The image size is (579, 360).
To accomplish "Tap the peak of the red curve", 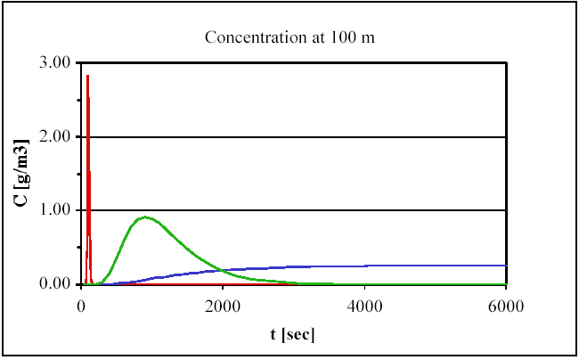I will click(x=87, y=77).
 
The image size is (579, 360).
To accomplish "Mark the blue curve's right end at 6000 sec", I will click(x=506, y=266).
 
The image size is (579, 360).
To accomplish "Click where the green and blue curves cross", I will click(x=211, y=269).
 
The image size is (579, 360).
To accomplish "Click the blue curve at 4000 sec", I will click(x=364, y=266).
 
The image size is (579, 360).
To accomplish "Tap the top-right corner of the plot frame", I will click(x=506, y=63).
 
